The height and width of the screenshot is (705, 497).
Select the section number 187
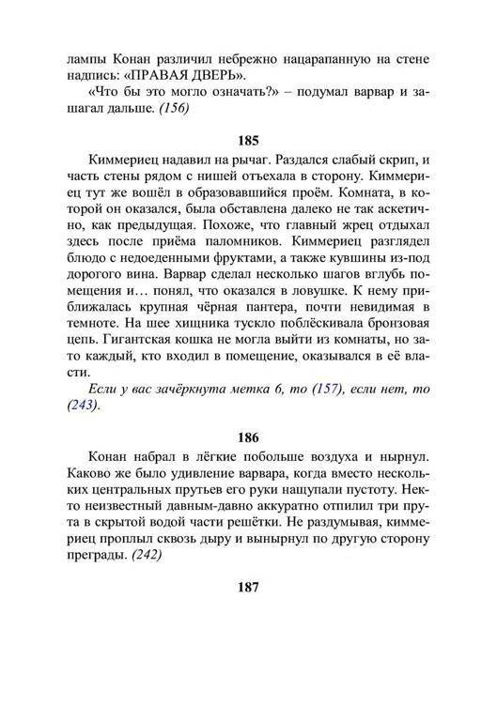(248, 588)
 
